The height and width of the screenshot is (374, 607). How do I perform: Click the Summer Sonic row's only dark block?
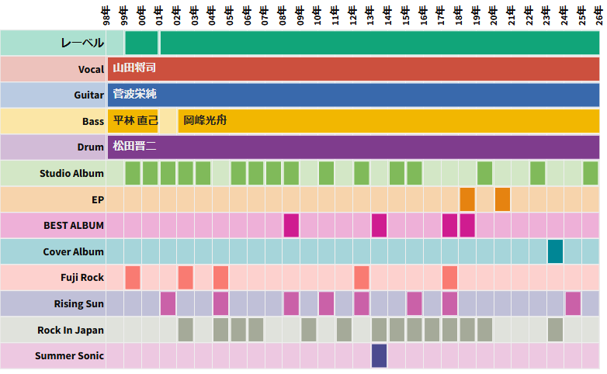(x=379, y=355)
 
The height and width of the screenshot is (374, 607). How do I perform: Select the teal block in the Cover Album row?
(x=555, y=251)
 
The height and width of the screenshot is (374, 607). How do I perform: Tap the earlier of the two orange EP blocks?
(x=467, y=199)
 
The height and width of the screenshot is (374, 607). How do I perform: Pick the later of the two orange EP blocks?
(x=502, y=199)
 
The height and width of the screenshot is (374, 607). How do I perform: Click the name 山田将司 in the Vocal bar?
(x=134, y=68)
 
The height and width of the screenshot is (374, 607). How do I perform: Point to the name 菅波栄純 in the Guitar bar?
(x=134, y=95)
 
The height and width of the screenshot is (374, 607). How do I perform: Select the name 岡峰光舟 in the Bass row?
(x=205, y=121)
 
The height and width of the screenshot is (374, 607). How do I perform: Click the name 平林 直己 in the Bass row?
(x=135, y=121)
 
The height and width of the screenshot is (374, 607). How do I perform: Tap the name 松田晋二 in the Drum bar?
(x=134, y=147)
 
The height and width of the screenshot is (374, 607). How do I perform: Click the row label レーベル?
(x=82, y=43)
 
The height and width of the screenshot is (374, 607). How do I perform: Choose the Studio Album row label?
(x=71, y=173)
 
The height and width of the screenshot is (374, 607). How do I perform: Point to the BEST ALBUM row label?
(x=74, y=226)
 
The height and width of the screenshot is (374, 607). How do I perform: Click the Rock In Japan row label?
(x=71, y=330)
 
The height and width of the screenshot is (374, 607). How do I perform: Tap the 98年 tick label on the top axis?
(x=106, y=14)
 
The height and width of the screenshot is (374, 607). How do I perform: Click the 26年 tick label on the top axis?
(x=598, y=14)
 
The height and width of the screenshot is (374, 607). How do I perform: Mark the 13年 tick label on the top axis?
(x=369, y=14)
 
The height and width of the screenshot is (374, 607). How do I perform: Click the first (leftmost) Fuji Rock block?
(x=132, y=277)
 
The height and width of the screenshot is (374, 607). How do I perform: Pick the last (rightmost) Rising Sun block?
(x=573, y=303)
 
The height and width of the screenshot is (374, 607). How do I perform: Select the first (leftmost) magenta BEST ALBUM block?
(x=291, y=225)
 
